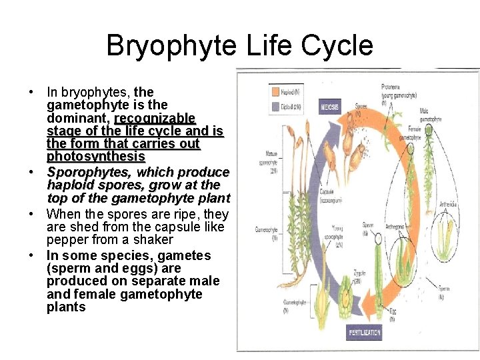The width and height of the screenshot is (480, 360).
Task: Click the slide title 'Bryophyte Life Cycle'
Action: [239, 46]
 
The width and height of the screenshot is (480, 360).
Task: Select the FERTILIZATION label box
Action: [364, 331]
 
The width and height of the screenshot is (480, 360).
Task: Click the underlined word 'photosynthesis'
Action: [96, 157]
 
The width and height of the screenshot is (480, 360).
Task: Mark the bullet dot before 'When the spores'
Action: [31, 215]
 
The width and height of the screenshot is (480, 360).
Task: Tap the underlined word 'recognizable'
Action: [155, 118]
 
